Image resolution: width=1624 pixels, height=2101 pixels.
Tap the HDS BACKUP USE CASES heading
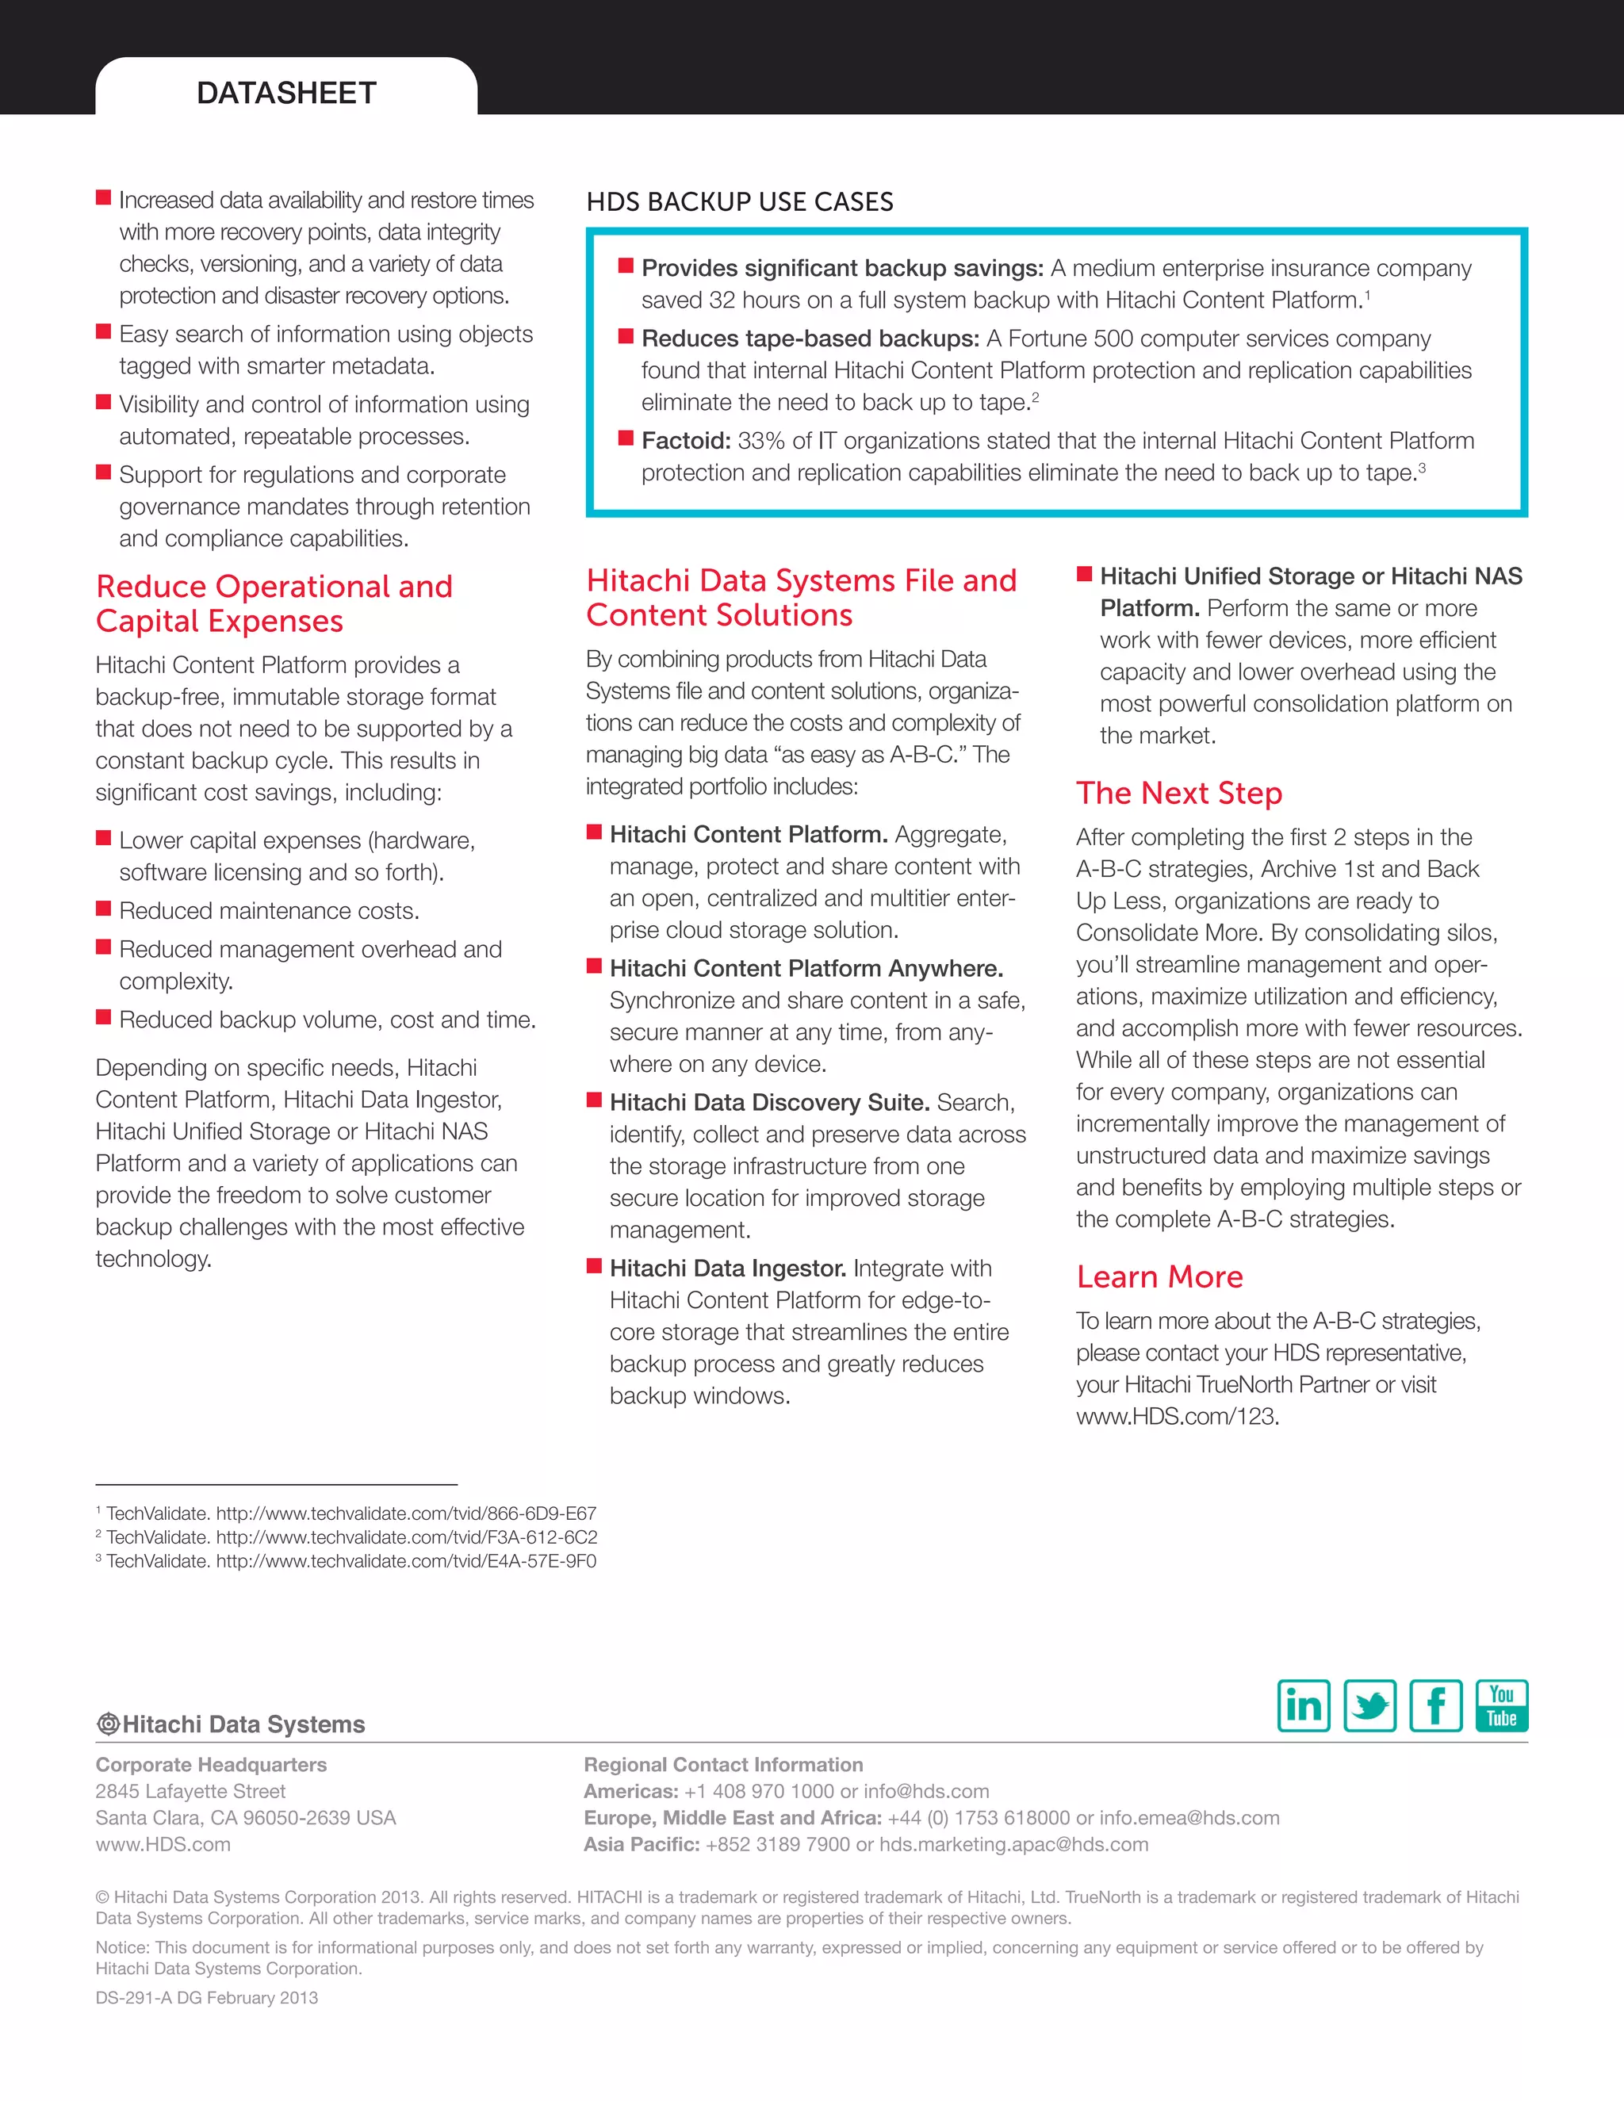(x=739, y=202)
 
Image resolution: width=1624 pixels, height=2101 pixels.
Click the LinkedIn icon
(x=1303, y=1705)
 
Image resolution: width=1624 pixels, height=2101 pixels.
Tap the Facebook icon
(x=1435, y=1705)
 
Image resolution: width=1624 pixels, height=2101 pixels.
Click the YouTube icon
(x=1501, y=1705)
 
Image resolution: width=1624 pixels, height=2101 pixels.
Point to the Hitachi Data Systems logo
(x=231, y=1724)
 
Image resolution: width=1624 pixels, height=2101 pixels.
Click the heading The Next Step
(x=1178, y=793)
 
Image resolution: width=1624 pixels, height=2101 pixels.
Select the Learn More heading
(x=1159, y=1276)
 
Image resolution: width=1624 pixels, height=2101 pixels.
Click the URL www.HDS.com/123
(x=1177, y=1416)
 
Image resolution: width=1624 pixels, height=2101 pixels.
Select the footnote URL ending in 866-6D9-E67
(x=405, y=1514)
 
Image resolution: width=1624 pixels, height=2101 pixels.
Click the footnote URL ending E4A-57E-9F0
(x=405, y=1560)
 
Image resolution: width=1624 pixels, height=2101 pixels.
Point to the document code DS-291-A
(x=132, y=1997)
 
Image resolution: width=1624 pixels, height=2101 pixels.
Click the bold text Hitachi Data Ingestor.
(x=727, y=1268)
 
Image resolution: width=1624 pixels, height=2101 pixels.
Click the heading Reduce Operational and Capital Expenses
(x=274, y=603)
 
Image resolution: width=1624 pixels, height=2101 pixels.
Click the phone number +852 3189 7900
(x=777, y=1844)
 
